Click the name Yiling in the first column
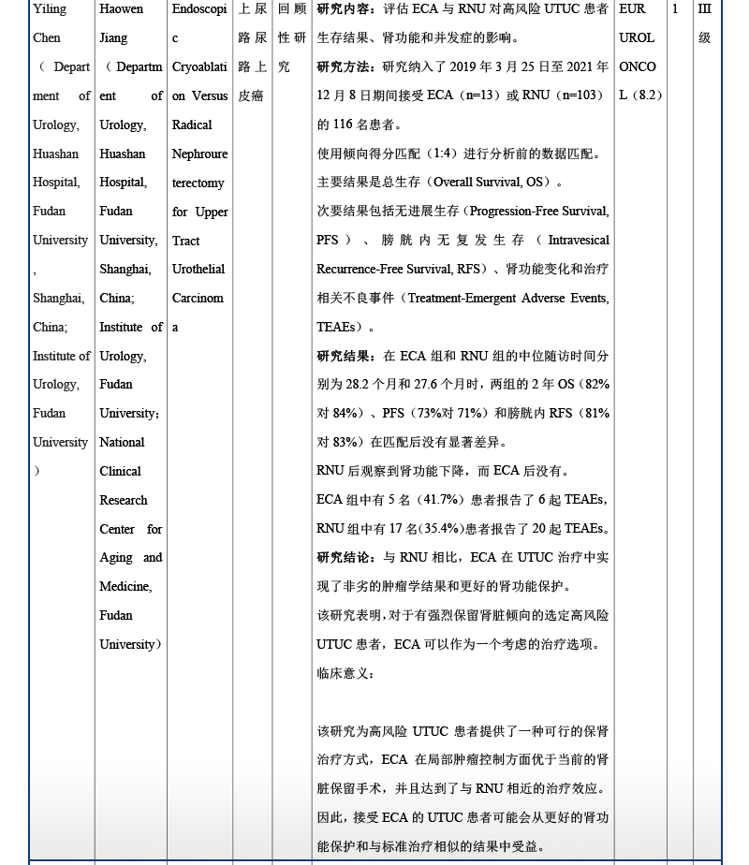coord(50,9)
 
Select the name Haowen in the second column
coord(122,9)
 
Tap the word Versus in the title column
coord(210,96)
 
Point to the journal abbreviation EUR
coord(633,9)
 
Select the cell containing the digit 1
coord(675,9)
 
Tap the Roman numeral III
coord(705,9)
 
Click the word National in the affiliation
coord(123,443)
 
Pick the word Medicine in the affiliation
coord(125,587)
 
